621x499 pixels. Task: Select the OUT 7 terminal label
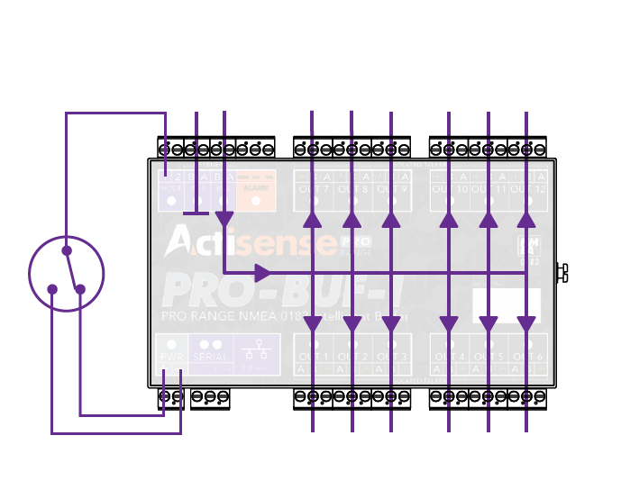314,189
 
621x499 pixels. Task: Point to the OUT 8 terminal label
352,189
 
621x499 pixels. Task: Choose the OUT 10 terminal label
450,189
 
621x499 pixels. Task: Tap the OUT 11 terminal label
489,189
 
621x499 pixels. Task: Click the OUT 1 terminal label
314,357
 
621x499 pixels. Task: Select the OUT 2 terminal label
352,357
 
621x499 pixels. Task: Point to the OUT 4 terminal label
450,357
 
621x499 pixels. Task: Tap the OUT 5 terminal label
489,357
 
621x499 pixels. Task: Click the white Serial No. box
507,305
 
